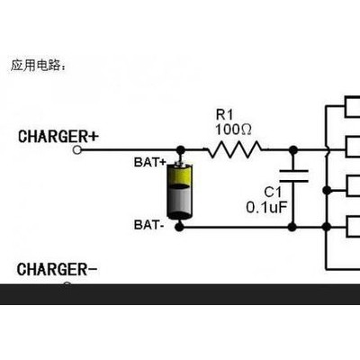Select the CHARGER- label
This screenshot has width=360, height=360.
58,268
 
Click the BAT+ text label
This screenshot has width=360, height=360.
151,162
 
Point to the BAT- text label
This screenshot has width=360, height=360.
149,223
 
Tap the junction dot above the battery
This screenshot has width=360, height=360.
183,151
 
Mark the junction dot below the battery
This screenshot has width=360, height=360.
183,227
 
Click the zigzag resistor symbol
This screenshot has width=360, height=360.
234,151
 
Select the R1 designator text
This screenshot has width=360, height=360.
224,114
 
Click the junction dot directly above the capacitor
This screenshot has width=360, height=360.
290,151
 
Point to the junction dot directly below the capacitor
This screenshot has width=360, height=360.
290,227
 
